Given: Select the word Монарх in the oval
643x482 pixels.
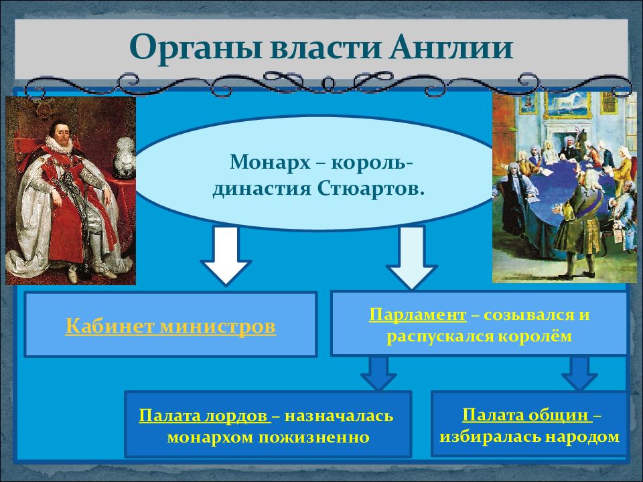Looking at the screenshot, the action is (x=270, y=162).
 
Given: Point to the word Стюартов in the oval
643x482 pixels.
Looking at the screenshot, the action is (x=370, y=189).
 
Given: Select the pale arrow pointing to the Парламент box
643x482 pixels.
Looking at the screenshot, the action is (x=411, y=256).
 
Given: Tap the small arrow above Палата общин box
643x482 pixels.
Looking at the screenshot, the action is (x=579, y=373).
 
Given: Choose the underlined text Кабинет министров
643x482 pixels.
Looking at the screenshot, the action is (x=171, y=326).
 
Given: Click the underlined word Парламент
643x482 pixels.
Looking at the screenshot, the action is (x=417, y=315).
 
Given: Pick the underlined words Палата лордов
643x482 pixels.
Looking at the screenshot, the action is (x=204, y=416).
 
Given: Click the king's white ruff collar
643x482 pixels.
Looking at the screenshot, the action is (x=60, y=145).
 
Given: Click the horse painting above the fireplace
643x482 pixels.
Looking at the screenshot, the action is (x=567, y=104).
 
